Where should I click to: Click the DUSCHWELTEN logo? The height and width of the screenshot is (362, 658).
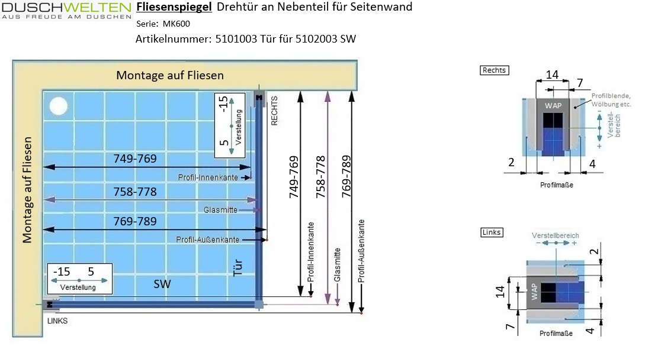(x=67, y=11)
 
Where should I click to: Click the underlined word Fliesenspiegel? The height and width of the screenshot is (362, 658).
(x=174, y=7)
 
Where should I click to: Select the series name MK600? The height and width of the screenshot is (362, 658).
(x=176, y=24)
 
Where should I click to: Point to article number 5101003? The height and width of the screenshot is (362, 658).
(x=236, y=39)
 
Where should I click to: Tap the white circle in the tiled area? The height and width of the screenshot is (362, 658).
(x=58, y=106)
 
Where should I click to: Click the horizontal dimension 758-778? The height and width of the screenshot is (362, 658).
(x=135, y=192)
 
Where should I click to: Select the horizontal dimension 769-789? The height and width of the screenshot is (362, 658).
(x=135, y=221)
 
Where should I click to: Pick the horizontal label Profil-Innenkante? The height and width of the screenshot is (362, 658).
(x=208, y=177)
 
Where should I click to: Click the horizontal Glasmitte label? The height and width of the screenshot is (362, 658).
(x=220, y=210)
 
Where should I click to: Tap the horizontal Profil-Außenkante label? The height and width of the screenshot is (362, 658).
(x=207, y=240)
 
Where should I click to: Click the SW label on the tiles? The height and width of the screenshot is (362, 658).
(x=162, y=284)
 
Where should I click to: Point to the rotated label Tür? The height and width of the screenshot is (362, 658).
(x=237, y=267)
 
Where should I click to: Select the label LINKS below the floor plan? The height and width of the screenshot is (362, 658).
(x=57, y=321)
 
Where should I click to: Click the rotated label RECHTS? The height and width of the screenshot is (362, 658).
(x=274, y=111)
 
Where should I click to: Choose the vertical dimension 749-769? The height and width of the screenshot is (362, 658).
(x=294, y=176)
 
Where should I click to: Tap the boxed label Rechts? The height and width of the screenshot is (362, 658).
(x=495, y=70)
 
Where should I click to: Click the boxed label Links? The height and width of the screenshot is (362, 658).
(x=492, y=232)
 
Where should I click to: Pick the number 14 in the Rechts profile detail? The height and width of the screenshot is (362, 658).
(x=552, y=75)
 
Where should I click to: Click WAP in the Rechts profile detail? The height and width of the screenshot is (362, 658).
(x=553, y=105)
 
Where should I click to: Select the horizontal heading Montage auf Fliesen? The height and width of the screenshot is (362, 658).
(x=170, y=76)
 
